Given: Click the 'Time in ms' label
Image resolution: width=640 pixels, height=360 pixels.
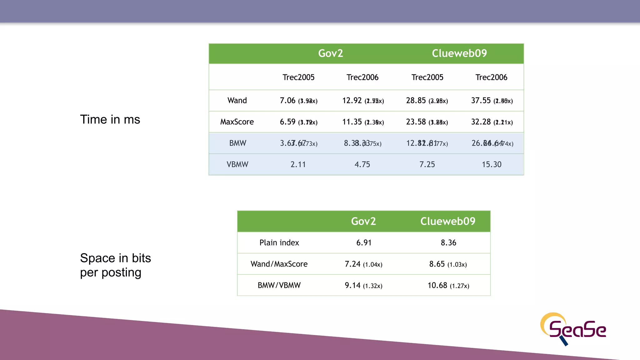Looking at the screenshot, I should point(110,119).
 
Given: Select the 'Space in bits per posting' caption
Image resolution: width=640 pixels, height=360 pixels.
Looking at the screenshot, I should point(115,265).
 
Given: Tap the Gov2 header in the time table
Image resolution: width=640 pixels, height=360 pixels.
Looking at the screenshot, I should point(330,53).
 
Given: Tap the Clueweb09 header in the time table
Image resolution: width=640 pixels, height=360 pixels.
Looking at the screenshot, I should point(459,53).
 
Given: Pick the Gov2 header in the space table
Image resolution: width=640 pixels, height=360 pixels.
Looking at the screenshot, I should point(363,221).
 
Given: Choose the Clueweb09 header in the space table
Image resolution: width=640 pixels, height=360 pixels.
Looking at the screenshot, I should point(447,221).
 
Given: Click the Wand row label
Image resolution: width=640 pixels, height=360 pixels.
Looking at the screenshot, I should point(237,101).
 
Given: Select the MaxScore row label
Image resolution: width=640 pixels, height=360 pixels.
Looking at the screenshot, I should point(237,122).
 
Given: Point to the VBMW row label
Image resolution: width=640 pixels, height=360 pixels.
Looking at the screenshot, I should point(237,164).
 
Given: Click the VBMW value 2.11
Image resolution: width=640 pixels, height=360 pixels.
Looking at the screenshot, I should point(298,164).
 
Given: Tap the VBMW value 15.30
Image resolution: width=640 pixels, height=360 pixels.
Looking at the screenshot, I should point(491,164).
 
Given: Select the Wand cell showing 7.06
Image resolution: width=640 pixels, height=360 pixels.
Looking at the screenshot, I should point(298,101).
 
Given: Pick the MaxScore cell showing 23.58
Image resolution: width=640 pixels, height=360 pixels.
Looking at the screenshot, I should point(427,122).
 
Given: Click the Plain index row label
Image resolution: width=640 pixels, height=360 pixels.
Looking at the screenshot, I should point(279,243).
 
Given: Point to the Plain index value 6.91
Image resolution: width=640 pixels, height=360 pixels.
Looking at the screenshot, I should point(364,243).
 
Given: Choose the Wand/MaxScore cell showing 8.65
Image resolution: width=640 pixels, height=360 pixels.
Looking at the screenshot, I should point(448,264).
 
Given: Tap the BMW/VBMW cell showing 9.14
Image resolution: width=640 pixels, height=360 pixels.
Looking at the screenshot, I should point(363,285).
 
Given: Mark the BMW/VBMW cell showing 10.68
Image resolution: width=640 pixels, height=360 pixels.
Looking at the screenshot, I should point(448,285).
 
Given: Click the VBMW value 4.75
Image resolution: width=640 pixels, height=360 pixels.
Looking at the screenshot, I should point(362,164).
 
